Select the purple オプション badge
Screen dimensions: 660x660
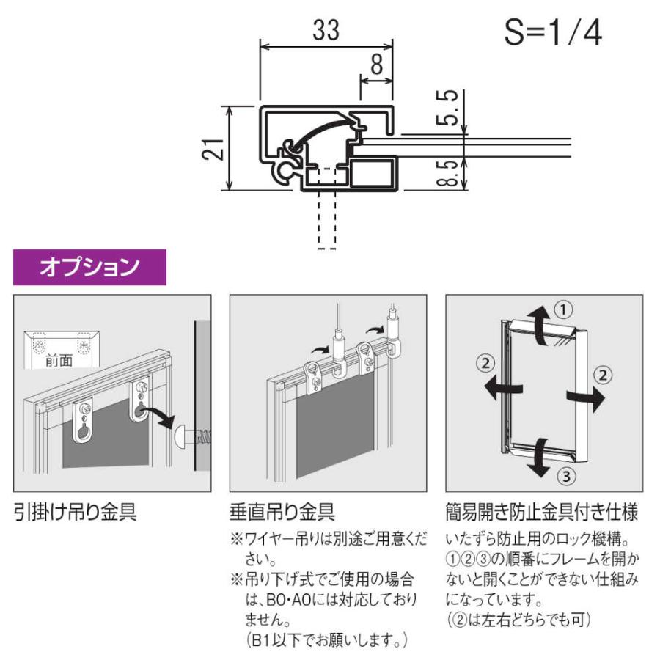(x=89, y=268)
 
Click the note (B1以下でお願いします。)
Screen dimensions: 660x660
(x=326, y=639)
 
